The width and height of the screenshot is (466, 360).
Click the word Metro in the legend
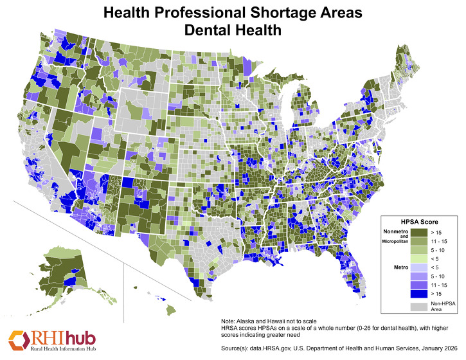tap(401, 266)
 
